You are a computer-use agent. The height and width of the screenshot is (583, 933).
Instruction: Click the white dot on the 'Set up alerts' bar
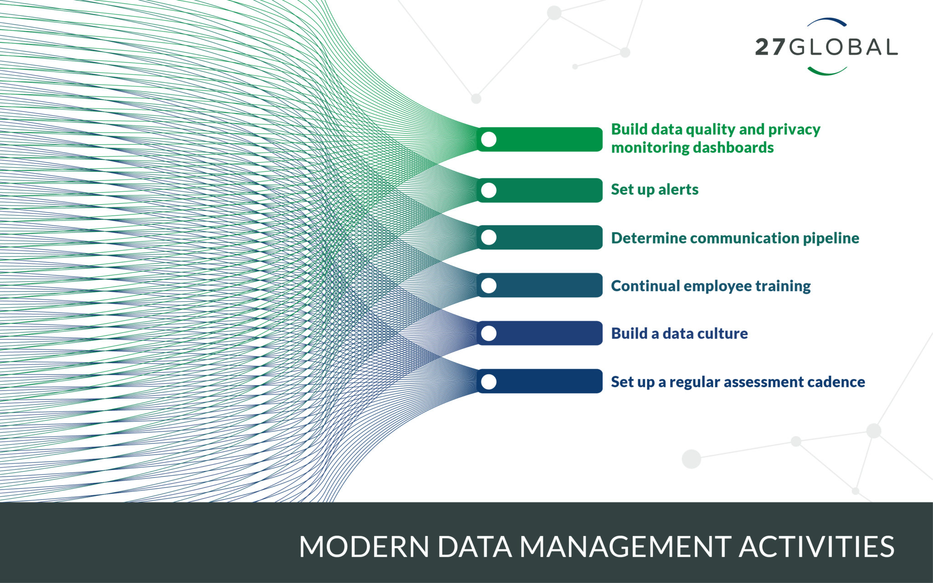pyautogui.click(x=489, y=190)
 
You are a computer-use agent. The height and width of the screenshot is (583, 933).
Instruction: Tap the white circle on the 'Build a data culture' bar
pyautogui.click(x=489, y=333)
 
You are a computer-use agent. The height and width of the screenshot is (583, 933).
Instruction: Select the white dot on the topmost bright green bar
pyautogui.click(x=489, y=139)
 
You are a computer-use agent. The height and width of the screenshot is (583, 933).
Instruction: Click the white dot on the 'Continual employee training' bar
pyautogui.click(x=489, y=286)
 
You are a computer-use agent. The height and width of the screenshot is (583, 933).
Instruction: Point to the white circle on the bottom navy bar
pyautogui.click(x=489, y=382)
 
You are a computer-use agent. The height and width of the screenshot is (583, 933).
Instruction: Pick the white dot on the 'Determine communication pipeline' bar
pyautogui.click(x=489, y=237)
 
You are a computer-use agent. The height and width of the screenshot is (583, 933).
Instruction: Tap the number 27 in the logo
pyautogui.click(x=770, y=47)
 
